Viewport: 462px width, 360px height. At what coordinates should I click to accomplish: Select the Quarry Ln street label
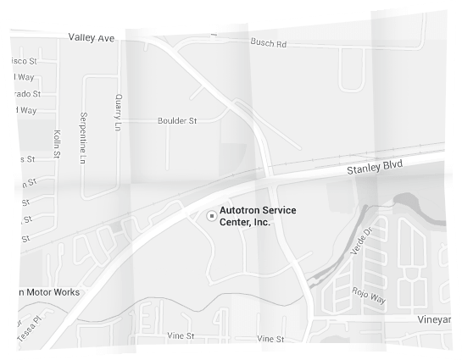click(119, 112)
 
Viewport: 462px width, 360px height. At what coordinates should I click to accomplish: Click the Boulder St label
click(177, 121)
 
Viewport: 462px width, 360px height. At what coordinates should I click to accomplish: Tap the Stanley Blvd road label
click(374, 169)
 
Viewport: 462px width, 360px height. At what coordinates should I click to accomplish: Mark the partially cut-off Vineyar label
click(438, 320)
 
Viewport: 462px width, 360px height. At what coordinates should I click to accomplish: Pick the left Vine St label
click(181, 336)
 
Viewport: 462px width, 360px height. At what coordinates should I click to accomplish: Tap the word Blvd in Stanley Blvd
click(391, 166)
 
